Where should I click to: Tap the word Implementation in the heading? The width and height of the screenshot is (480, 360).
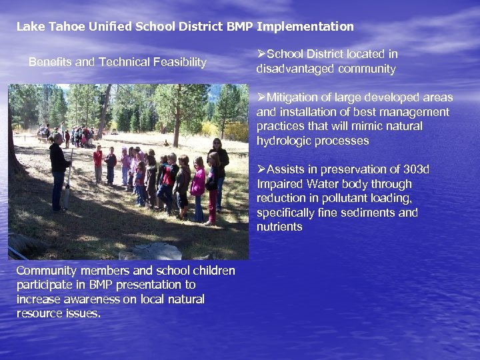tap(305, 27)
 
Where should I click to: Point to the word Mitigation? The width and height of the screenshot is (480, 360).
tap(291, 98)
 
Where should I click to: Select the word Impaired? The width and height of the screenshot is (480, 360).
tap(279, 184)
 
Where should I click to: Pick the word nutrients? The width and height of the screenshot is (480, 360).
tap(279, 227)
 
